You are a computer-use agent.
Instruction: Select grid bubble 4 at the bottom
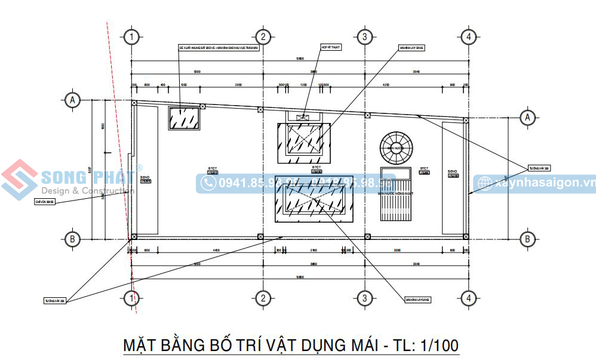(x=469, y=298)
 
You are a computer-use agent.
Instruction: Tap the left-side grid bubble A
(x=73, y=100)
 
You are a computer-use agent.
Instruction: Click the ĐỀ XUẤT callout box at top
(x=219, y=47)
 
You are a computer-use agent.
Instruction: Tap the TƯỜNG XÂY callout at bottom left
(x=55, y=300)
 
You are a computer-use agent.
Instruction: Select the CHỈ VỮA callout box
(x=45, y=202)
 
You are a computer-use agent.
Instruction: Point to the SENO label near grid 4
(x=453, y=174)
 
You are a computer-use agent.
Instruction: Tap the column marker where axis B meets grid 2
(x=260, y=237)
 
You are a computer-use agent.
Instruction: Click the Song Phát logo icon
(x=19, y=181)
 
